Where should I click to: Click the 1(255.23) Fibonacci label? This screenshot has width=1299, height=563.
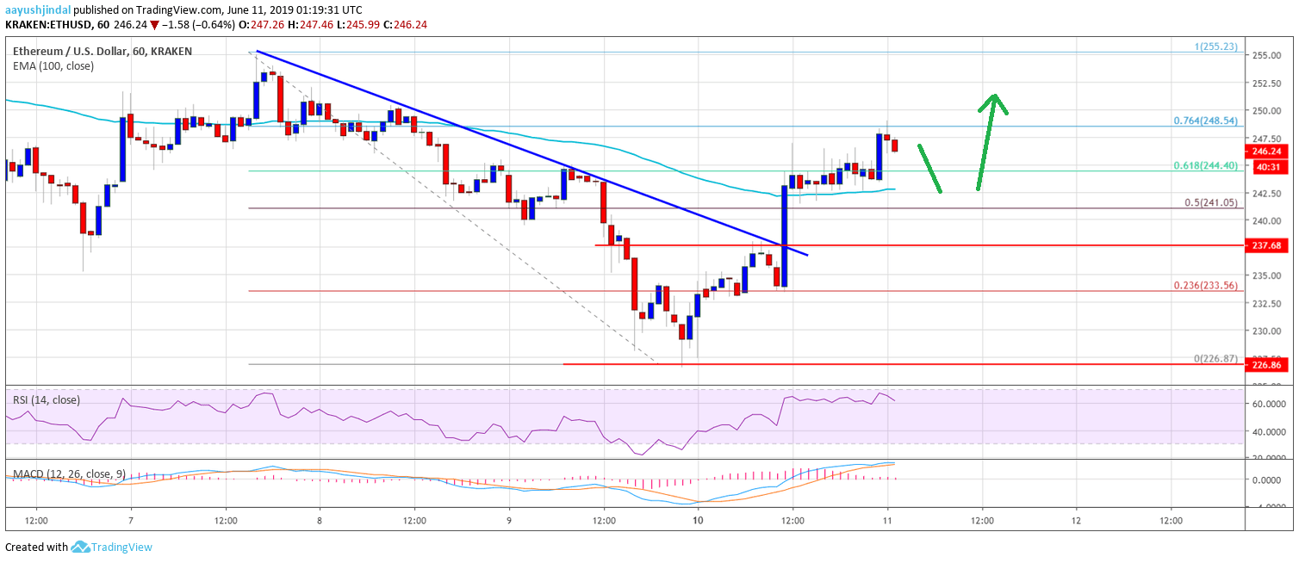[1217, 46]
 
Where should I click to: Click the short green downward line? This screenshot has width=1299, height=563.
[929, 168]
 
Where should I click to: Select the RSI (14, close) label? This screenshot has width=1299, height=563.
[47, 399]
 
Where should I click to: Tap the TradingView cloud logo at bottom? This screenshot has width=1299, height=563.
[81, 547]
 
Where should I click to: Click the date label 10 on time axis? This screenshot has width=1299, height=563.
[698, 520]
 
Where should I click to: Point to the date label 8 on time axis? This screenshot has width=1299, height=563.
[320, 520]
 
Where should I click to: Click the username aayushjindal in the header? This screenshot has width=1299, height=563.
[36, 9]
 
